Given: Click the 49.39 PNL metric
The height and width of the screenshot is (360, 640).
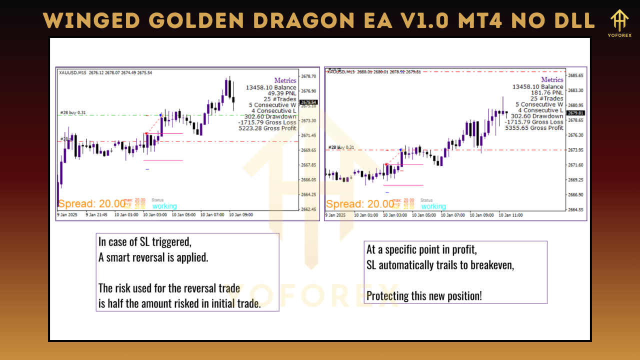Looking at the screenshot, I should point(282,93).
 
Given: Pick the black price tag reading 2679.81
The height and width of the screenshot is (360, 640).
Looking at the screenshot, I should point(576,113).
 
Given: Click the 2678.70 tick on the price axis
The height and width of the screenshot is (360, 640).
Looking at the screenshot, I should point(309,76).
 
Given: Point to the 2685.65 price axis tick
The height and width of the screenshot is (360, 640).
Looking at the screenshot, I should point(576,75).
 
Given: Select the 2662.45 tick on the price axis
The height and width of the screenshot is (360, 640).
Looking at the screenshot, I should point(309,209).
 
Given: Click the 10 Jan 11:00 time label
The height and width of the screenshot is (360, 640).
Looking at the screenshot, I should point(511,215).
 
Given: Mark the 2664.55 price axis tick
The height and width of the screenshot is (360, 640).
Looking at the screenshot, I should point(576,209).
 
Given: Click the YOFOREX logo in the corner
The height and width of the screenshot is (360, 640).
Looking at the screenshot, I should point(620,23).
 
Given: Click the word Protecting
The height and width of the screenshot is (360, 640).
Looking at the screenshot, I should point(387,295).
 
